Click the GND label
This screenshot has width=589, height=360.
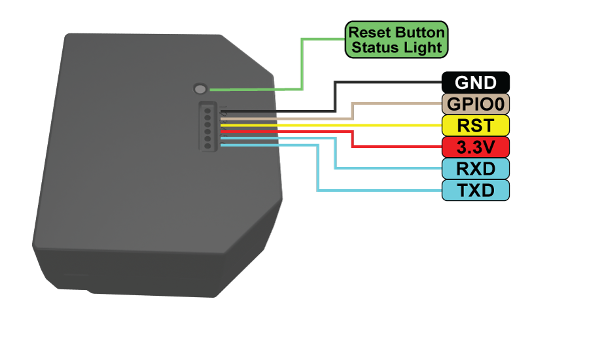(476, 82)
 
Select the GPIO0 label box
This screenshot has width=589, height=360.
(476, 103)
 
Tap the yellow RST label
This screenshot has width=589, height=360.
(476, 125)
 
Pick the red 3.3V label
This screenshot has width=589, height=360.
(476, 147)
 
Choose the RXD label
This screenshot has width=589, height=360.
(476, 168)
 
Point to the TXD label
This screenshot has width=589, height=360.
(476, 190)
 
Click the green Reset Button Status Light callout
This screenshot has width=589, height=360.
(397, 39)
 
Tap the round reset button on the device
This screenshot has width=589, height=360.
(200, 88)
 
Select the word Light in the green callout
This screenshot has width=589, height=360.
(424, 47)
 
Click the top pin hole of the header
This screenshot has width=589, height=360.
(207, 109)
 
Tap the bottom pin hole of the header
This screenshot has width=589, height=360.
(207, 145)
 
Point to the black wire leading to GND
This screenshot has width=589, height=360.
(335, 96)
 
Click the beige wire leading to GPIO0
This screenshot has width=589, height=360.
(353, 111)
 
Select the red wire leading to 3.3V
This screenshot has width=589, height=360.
(353, 139)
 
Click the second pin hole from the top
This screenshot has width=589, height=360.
(207, 116)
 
